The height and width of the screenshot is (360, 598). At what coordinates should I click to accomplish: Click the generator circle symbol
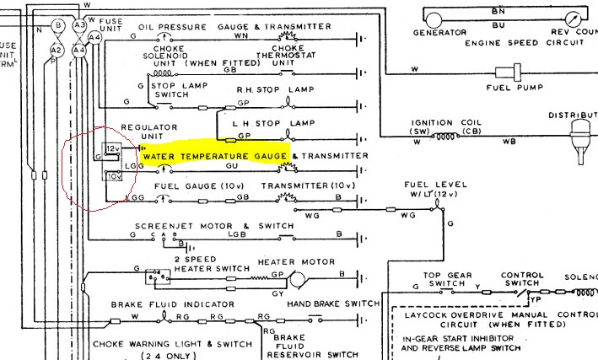[434, 18]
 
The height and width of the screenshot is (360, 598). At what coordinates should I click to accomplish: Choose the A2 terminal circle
[57, 51]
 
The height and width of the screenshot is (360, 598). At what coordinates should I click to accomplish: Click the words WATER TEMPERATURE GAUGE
[214, 157]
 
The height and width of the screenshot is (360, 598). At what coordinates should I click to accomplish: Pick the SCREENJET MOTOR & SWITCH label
[214, 226]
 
